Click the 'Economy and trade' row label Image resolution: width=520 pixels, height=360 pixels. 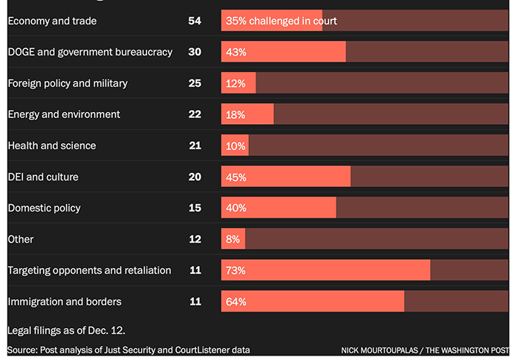[52, 21]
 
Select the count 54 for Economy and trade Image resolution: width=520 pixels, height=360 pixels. [195, 21]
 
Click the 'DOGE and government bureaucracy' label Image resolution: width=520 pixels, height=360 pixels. [90, 52]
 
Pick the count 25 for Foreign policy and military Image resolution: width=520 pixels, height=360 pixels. [195, 83]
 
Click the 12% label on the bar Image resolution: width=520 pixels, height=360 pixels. [235, 83]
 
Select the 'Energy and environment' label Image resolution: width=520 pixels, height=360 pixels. [64, 114]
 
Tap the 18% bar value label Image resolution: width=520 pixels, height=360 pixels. [235, 114]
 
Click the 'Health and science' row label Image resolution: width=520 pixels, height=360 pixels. [52, 145]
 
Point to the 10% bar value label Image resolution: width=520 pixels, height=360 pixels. [235, 145]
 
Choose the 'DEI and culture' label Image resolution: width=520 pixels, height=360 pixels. [43, 177]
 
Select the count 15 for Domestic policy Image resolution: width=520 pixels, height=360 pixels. [195, 208]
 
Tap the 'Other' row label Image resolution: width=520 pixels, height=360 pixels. [21, 239]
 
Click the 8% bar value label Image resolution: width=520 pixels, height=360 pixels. [233, 239]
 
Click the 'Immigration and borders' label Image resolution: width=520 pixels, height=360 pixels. [65, 301]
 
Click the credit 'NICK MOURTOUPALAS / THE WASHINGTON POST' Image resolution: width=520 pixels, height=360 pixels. [426, 350]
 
